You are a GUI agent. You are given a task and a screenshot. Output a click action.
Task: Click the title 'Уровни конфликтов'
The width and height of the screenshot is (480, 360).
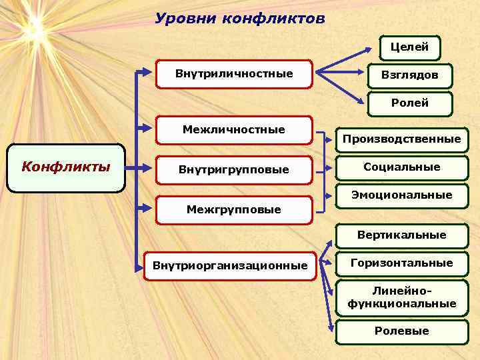tap(240, 19)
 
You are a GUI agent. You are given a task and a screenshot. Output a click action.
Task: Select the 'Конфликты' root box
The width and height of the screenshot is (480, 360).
tap(66, 167)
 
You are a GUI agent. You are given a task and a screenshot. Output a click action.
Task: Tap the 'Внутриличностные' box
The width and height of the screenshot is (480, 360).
tap(233, 73)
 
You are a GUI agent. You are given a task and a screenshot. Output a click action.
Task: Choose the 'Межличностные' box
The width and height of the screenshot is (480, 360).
tap(233, 129)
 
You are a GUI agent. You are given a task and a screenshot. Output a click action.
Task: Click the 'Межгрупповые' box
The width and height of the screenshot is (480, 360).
tap(233, 210)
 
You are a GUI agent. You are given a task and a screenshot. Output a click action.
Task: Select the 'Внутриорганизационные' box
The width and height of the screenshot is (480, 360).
tap(230, 266)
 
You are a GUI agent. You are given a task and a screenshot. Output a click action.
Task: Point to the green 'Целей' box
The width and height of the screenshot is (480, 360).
tap(409, 47)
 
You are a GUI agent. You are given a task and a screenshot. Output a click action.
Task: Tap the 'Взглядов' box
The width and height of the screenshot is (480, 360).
tap(409, 75)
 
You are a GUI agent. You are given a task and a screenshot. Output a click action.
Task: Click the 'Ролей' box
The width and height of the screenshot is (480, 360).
tap(409, 103)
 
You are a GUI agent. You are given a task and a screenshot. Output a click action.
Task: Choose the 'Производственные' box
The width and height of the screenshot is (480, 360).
tap(401, 139)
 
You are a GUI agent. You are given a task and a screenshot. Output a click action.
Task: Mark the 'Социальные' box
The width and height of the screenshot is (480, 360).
tap(401, 167)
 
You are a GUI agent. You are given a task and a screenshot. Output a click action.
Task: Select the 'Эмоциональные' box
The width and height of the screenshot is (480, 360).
tap(401, 195)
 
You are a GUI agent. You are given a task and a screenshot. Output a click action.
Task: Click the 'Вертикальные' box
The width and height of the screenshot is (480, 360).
tap(401, 235)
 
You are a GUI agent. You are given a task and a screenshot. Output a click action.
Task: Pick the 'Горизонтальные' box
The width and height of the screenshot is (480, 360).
tap(401, 263)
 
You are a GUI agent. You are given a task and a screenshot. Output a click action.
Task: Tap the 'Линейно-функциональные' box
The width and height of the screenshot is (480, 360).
tap(401, 297)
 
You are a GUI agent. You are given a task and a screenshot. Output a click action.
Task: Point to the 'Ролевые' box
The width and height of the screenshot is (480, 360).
tap(401, 331)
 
